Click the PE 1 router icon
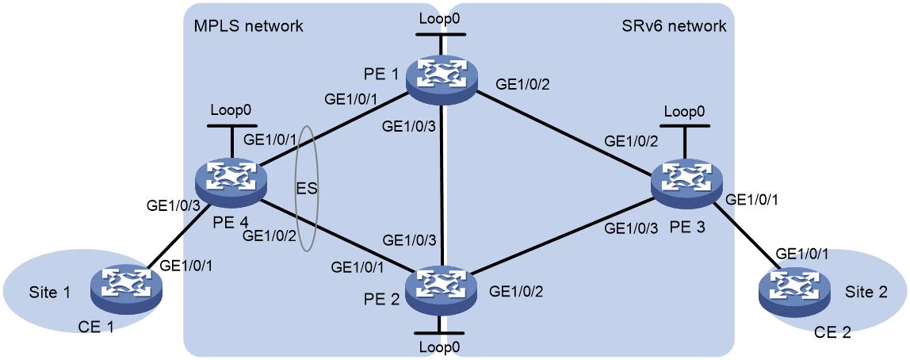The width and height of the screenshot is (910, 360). (x=442, y=75)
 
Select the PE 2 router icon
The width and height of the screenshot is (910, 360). (x=442, y=284)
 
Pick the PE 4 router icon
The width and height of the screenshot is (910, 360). (x=232, y=176)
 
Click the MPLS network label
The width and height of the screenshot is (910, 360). (x=250, y=26)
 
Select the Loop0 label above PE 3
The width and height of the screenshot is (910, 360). (x=685, y=112)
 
